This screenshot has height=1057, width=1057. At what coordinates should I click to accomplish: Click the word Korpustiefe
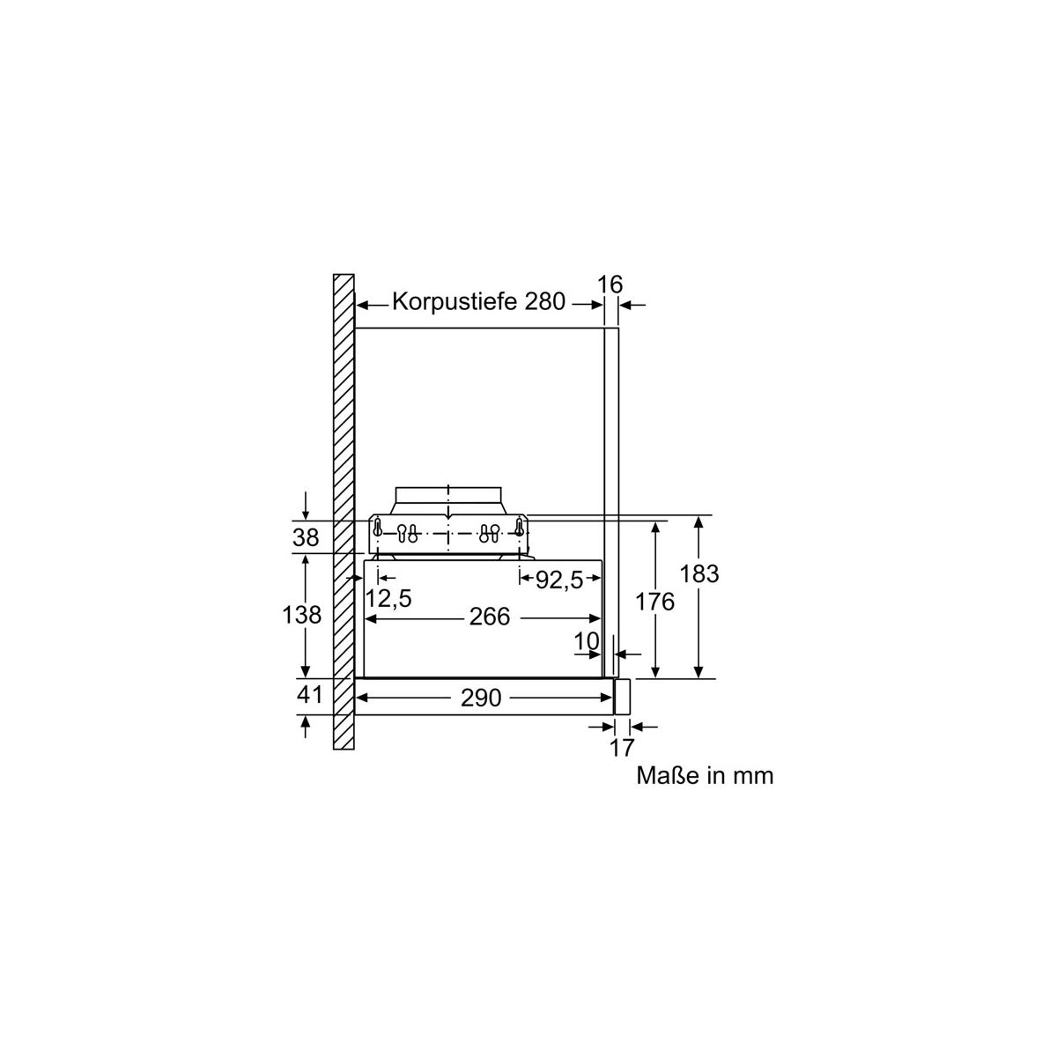[x=455, y=302]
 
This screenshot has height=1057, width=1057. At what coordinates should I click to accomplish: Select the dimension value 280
[x=545, y=301]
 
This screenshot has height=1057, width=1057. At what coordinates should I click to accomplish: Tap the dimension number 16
[x=610, y=285]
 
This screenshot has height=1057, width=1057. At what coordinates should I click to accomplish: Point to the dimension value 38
[x=306, y=537]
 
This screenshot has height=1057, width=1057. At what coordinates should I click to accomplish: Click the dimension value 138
[x=302, y=615]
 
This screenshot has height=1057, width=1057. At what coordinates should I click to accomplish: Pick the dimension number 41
[x=309, y=694]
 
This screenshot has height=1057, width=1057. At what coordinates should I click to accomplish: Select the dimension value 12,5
[x=388, y=598]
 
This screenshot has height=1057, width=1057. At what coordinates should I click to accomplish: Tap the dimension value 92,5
[x=559, y=580]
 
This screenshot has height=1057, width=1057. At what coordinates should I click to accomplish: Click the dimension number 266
[x=490, y=617]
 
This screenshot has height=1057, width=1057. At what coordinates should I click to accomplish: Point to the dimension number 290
[x=481, y=698]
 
